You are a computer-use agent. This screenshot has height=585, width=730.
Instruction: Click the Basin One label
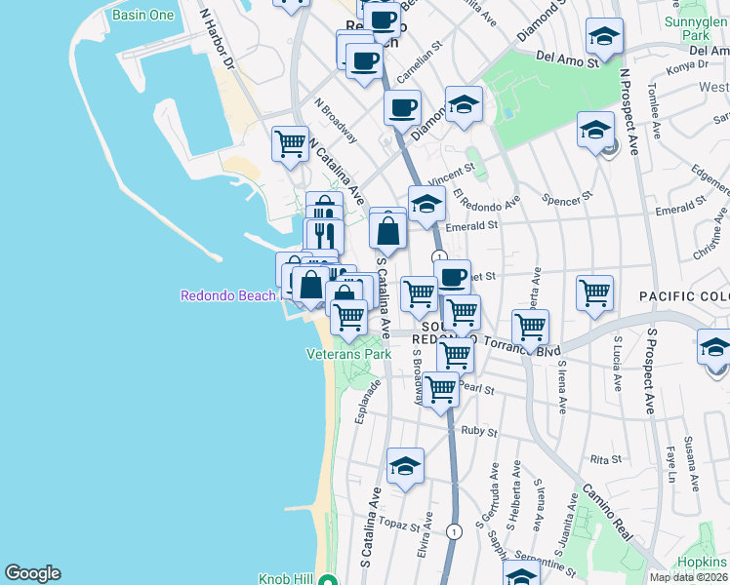tap(142, 16)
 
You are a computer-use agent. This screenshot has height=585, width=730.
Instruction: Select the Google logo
tap(32, 573)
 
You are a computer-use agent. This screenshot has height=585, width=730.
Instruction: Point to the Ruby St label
tap(479, 431)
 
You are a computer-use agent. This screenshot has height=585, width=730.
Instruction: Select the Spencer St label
tap(574, 196)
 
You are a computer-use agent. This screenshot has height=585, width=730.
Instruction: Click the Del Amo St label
tap(566, 60)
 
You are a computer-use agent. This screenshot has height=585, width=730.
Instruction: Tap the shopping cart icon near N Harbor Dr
tap(290, 143)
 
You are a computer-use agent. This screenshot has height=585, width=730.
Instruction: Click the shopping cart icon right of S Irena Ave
tap(593, 291)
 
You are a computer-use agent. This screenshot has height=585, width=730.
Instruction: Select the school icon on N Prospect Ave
tap(595, 129)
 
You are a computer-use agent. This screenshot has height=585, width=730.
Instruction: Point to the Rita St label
tap(605, 459)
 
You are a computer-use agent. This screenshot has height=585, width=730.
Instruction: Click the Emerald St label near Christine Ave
tap(680, 207)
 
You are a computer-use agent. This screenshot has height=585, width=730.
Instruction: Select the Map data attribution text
tap(688, 577)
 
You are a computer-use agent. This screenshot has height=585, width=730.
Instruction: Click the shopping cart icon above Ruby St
tap(441, 388)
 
